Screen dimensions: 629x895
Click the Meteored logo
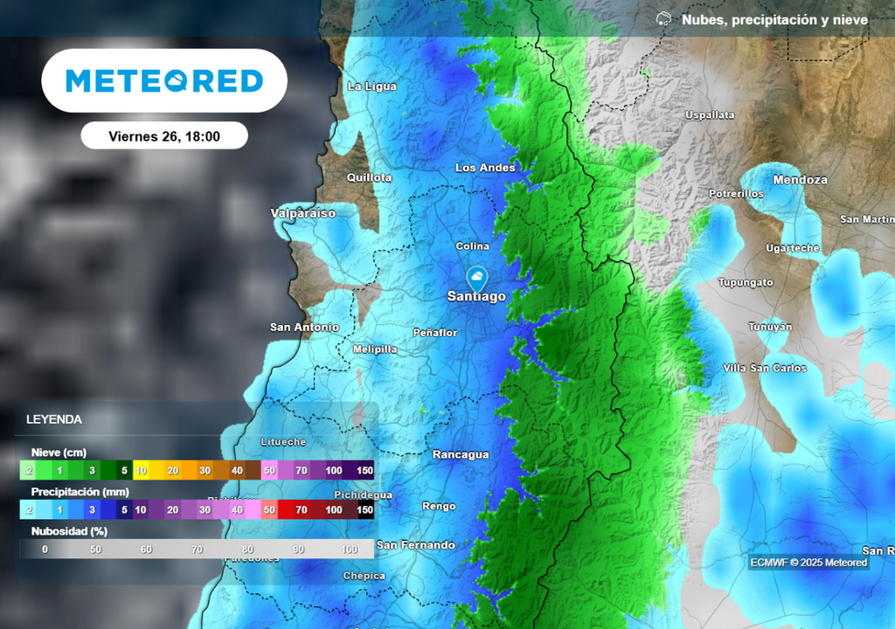pos(164,81)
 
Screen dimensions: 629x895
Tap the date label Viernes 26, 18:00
pos(164,136)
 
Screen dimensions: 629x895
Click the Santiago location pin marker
pos(477,280)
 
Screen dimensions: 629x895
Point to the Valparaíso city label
pos(303,213)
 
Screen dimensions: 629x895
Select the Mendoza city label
pos(800,180)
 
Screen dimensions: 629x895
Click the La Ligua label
pos(372,86)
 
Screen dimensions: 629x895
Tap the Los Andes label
pos(485,168)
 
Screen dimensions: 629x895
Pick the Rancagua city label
pos(461,454)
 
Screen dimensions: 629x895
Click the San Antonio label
pos(304,328)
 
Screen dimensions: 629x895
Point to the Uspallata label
pos(710,115)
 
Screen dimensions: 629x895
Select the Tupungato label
pos(746,283)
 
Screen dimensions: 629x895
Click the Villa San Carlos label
pos(765,368)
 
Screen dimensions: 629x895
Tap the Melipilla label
pos(375,349)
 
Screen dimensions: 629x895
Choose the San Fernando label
pos(416,545)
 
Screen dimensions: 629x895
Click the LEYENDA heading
pos(54,419)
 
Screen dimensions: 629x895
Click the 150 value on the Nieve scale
pos(364,471)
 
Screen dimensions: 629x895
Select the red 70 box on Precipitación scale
pos(302,509)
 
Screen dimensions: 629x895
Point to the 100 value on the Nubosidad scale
pos(350,550)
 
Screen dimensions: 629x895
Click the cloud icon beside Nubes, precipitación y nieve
pos(664,19)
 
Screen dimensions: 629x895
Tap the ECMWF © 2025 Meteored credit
pos(808,563)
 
